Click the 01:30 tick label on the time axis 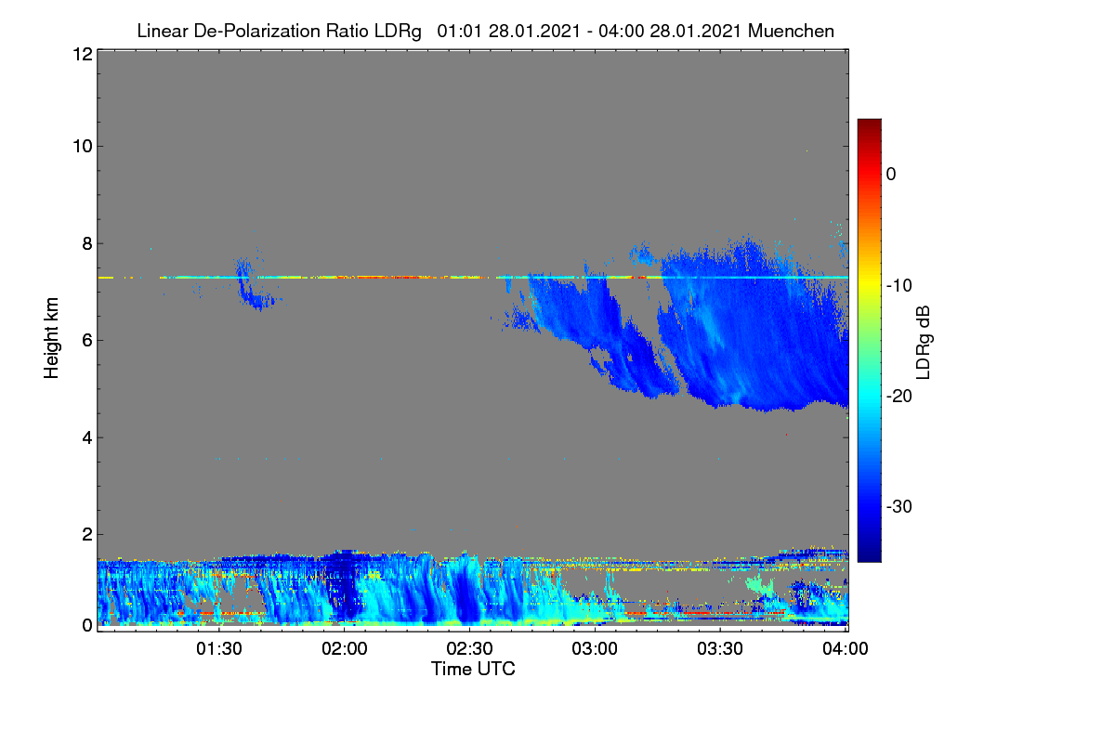[219, 648]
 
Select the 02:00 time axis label [345, 648]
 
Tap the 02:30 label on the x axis [469, 648]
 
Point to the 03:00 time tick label [595, 648]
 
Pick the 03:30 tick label [720, 648]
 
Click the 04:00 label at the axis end [846, 648]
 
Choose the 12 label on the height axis [83, 54]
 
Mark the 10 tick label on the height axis [83, 147]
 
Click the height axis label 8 [88, 244]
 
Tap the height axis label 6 [88, 341]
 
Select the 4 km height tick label [88, 438]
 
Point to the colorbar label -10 [899, 286]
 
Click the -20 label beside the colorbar [899, 397]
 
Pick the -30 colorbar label [899, 506]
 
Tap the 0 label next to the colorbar [891, 175]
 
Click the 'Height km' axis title [51, 338]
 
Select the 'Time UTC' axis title [473, 669]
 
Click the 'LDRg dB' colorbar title [923, 343]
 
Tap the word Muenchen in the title [791, 31]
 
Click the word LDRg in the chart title [398, 32]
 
